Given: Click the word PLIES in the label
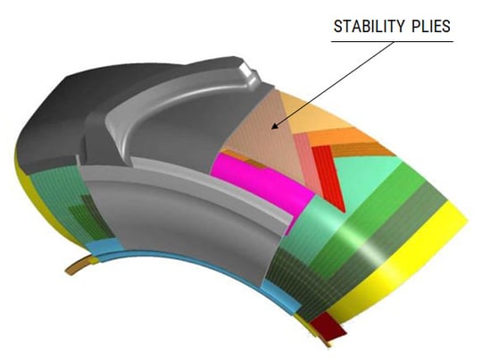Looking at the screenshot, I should click(429, 27).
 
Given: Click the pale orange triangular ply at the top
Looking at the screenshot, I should click(330, 112).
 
